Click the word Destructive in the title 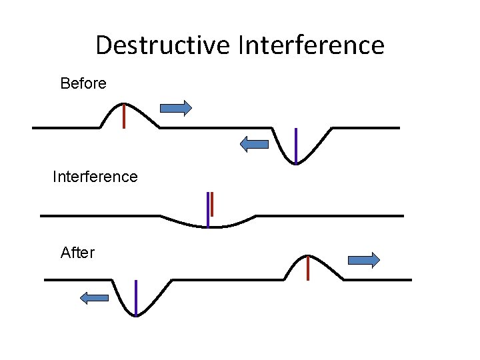click(x=163, y=45)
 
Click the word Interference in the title click(x=311, y=45)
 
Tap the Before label click(x=83, y=83)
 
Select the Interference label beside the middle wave click(x=95, y=177)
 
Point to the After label click(x=77, y=253)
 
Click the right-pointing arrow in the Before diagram click(x=176, y=107)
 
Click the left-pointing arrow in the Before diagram click(x=254, y=143)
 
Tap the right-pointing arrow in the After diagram click(x=364, y=260)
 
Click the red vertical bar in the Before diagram click(x=124, y=116)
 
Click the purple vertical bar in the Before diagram click(x=295, y=145)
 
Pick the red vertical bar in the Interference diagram click(x=212, y=204)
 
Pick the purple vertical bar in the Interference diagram click(x=208, y=209)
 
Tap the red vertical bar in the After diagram click(x=307, y=268)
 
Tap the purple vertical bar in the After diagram click(x=135, y=297)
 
